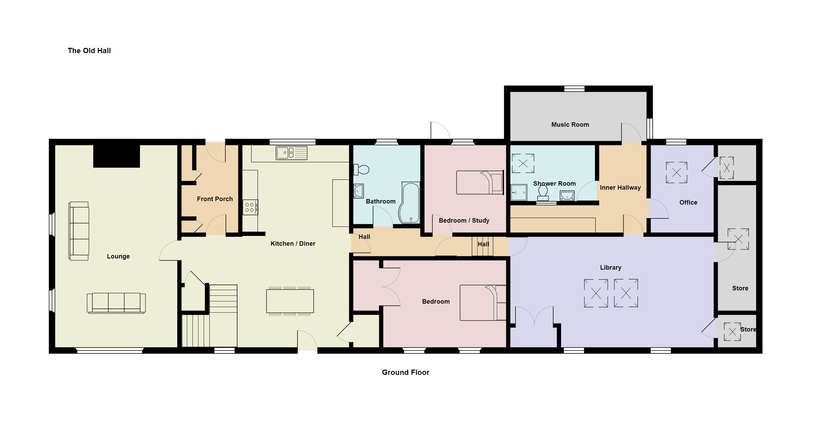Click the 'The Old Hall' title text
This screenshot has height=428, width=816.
tap(89, 51)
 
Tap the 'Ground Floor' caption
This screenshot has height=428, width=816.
tap(405, 372)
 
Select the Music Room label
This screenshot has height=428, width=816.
tap(570, 125)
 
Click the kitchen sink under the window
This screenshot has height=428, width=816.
tap(291, 153)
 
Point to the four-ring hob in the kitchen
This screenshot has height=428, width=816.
tap(250, 207)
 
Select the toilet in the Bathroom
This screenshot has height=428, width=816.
tap(361, 169)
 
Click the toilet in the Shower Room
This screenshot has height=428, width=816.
tap(543, 193)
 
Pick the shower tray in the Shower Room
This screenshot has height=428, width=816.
tap(519, 192)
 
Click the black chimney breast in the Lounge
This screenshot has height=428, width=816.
tap(116, 156)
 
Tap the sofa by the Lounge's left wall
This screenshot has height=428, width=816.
tap(79, 231)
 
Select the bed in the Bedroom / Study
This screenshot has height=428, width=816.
tap(480, 182)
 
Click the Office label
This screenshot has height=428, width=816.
tap(688, 202)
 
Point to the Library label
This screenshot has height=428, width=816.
tap(611, 268)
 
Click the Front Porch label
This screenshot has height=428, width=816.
tap(215, 199)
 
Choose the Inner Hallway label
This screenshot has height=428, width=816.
tap(620, 187)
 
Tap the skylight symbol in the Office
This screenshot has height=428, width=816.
tap(677, 172)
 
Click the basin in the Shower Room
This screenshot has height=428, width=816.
tap(567, 196)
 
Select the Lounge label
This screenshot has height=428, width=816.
tap(118, 256)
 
